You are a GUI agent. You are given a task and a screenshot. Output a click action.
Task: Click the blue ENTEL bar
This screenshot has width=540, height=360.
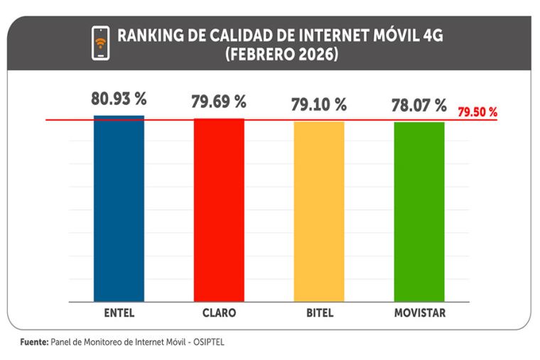[119, 209]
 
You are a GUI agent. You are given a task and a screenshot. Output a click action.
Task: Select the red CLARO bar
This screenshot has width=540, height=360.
[219, 210]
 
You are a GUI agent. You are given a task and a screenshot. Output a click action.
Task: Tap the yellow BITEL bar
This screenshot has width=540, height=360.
[318, 212]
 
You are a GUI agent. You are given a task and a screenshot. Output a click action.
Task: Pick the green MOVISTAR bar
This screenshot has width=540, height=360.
[418, 212]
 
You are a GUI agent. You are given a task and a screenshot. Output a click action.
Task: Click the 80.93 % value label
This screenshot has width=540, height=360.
[119, 99]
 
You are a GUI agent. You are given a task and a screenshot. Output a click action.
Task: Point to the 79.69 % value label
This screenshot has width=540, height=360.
[219, 102]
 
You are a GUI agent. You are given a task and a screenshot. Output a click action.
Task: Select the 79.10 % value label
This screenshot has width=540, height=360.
[318, 105]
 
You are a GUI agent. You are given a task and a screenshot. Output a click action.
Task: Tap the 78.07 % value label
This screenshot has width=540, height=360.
[418, 107]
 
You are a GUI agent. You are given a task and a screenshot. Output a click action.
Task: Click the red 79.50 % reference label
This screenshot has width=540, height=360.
[477, 112]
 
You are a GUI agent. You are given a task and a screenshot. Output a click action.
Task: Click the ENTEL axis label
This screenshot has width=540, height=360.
[119, 312]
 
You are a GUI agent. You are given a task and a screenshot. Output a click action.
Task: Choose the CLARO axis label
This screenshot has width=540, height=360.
[219, 312]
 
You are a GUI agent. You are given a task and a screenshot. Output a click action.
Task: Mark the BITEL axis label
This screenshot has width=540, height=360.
[318, 312]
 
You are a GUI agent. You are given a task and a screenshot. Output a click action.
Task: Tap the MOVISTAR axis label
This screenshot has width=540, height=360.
[419, 312]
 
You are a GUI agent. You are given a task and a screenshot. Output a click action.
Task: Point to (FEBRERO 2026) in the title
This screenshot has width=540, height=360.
[281, 54]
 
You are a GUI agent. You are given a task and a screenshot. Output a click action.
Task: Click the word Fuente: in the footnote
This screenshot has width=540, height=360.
[33, 342]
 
